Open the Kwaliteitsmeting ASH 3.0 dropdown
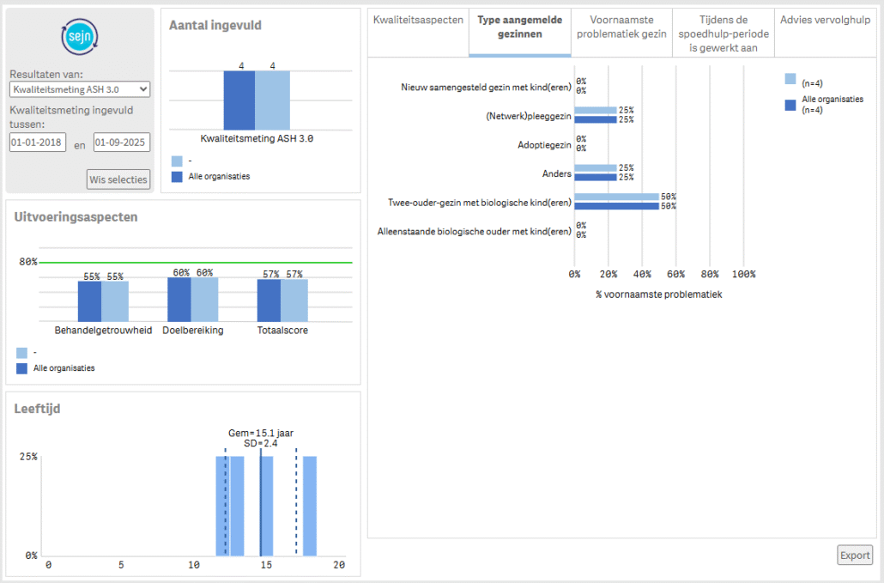tap(80, 88)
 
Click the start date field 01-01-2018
tap(38, 143)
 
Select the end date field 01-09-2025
tap(122, 143)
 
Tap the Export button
tap(855, 555)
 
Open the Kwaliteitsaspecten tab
tap(418, 20)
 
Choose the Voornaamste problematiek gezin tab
tap(621, 27)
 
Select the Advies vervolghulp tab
tap(825, 20)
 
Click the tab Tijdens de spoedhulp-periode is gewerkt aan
tap(724, 33)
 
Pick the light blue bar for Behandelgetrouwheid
tap(115, 301)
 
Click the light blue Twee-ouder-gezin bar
tap(616, 197)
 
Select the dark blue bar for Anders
tap(595, 178)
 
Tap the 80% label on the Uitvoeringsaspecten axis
tap(28, 262)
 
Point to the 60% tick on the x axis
tap(675, 274)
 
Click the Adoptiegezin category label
tap(544, 145)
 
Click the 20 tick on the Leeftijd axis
tap(339, 564)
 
